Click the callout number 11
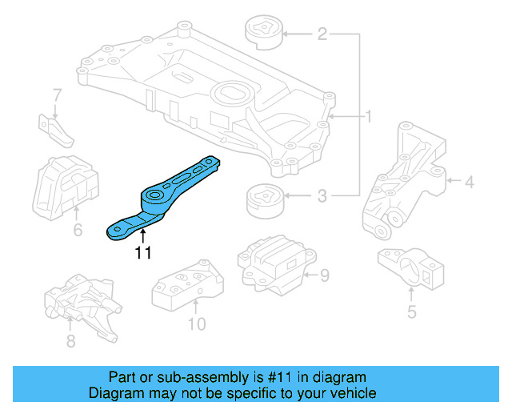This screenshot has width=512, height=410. coord(142,253)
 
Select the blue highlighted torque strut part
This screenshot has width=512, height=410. coord(164,199)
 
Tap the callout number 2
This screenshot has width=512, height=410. coord(322,34)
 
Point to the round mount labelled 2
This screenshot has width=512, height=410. coord(262,34)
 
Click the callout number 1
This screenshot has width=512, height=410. coord(369,117)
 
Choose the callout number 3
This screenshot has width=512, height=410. coord(322,195)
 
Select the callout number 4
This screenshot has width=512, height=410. coord(469,183)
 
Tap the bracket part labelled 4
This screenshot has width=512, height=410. coord(404,180)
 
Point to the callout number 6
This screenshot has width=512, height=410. coord(78,231)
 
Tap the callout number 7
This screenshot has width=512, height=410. coord(57,96)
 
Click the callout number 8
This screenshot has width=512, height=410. coord(70,341)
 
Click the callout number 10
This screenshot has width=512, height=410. coord(196,324)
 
